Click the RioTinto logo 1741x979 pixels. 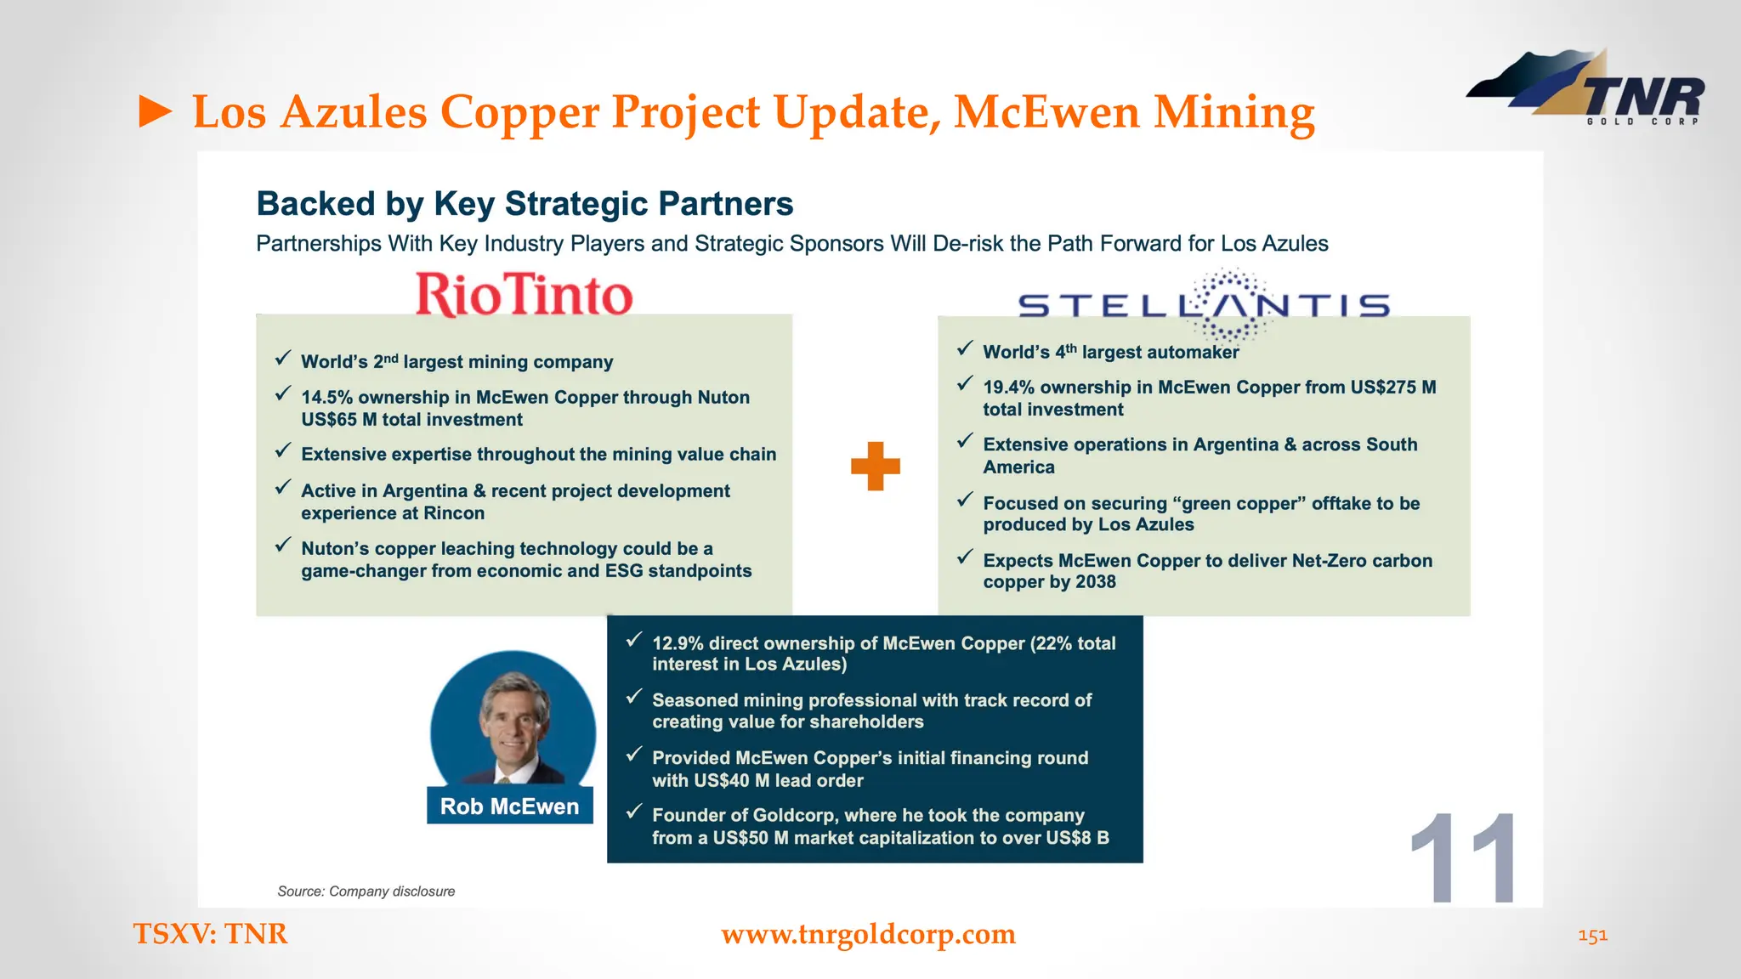point(525,294)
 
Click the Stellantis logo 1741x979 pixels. point(1204,304)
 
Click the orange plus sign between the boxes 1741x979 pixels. point(875,466)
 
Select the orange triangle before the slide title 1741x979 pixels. point(156,112)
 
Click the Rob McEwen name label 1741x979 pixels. point(509,806)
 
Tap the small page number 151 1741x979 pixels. point(1592,936)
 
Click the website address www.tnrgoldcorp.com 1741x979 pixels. point(868,934)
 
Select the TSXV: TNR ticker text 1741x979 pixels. point(210,934)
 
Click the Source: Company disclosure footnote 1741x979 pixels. point(366,891)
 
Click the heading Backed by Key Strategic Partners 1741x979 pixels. point(525,204)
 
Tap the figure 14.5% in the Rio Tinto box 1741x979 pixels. point(326,398)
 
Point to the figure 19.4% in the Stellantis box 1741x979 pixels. point(1008,388)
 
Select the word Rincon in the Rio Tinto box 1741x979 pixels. point(457,513)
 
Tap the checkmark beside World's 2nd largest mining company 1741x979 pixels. point(283,359)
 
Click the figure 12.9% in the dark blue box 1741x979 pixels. point(678,643)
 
